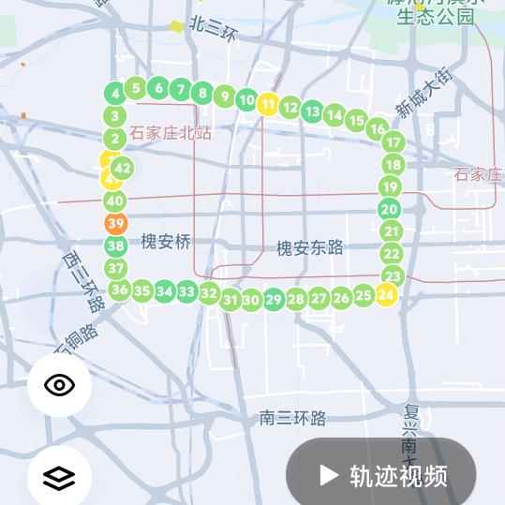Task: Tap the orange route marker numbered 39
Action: (x=116, y=223)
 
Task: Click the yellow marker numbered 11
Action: (x=268, y=104)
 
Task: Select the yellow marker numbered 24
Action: (x=385, y=294)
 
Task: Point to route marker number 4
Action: (x=115, y=94)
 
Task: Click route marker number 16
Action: (x=377, y=129)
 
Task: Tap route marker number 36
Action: (x=119, y=290)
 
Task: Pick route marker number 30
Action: (x=250, y=301)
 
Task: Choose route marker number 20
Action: (x=390, y=210)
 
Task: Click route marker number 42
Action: (x=122, y=169)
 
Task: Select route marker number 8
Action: (x=202, y=93)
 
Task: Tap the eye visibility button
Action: (x=59, y=384)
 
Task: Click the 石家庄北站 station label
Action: (x=171, y=133)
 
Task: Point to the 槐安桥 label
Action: (x=166, y=242)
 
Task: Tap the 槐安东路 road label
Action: (x=309, y=247)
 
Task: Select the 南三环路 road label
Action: (x=292, y=418)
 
